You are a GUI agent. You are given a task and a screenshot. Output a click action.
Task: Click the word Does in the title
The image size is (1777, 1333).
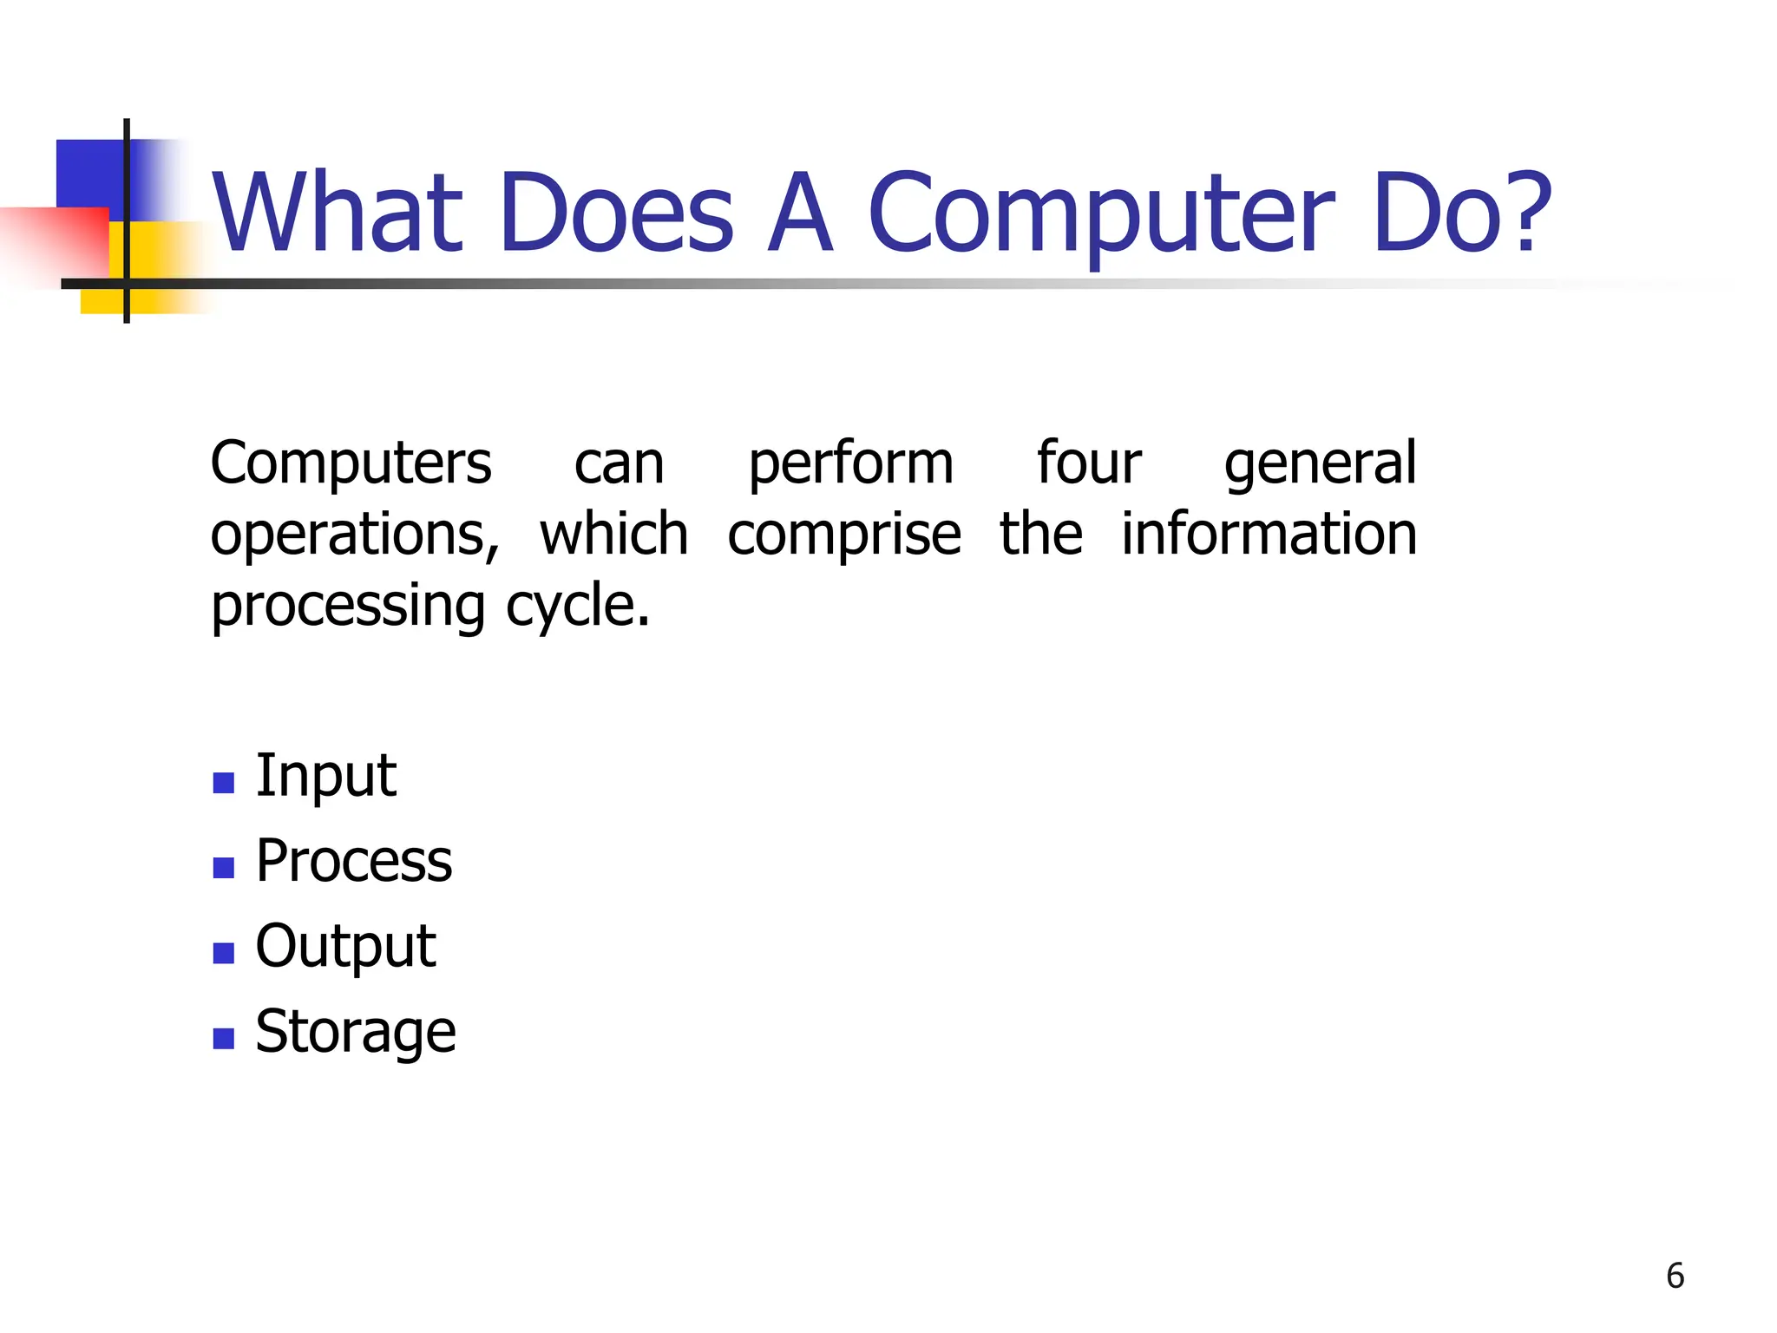tap(617, 213)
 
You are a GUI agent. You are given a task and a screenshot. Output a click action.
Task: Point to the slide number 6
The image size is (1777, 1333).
tap(1675, 1276)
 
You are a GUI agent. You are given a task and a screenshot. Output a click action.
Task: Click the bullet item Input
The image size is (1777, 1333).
tap(325, 775)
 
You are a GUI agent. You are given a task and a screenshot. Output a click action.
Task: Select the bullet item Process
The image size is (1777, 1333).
tap(353, 861)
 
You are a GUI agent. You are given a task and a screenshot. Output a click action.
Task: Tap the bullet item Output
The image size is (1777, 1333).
tap(345, 946)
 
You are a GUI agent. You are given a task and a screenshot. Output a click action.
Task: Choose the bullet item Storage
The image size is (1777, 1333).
tap(355, 1032)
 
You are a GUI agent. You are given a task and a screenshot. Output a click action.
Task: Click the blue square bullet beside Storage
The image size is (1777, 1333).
tap(224, 1039)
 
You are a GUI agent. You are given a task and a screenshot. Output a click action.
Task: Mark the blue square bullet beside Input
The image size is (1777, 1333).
tap(224, 783)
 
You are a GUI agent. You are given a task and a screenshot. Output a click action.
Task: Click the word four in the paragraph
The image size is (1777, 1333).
tap(1089, 463)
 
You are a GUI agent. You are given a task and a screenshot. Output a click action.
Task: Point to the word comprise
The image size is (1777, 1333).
tap(843, 535)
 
